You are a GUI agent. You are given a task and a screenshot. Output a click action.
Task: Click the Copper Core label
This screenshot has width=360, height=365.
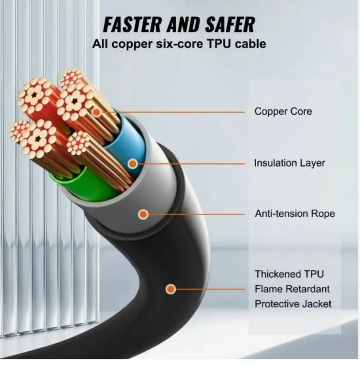pyautogui.click(x=283, y=111)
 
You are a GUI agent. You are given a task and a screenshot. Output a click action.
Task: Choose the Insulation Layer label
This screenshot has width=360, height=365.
pyautogui.click(x=290, y=163)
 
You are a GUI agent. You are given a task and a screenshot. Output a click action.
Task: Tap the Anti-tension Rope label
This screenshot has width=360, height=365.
pyautogui.click(x=295, y=214)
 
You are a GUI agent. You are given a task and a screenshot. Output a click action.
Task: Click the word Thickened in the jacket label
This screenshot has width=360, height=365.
pyautogui.click(x=276, y=274)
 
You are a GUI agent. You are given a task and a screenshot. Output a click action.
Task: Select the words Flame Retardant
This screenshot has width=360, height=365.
pyautogui.click(x=292, y=289)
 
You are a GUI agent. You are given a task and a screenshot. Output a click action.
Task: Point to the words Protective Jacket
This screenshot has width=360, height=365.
pyautogui.click(x=293, y=304)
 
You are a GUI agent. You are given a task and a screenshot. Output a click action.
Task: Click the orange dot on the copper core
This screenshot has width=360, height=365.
pyautogui.click(x=97, y=112)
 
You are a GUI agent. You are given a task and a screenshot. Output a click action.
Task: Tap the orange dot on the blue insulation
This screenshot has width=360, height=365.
pyautogui.click(x=133, y=163)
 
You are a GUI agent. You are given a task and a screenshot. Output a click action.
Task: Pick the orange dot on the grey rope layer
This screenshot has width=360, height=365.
pyautogui.click(x=143, y=214)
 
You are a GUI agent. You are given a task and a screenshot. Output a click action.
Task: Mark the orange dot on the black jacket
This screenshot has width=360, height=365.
pyautogui.click(x=171, y=289)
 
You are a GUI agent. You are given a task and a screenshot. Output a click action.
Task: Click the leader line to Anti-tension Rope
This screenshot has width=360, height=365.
pyautogui.click(x=196, y=214)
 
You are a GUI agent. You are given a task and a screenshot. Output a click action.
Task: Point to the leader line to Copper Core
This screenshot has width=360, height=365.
pyautogui.click(x=173, y=112)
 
